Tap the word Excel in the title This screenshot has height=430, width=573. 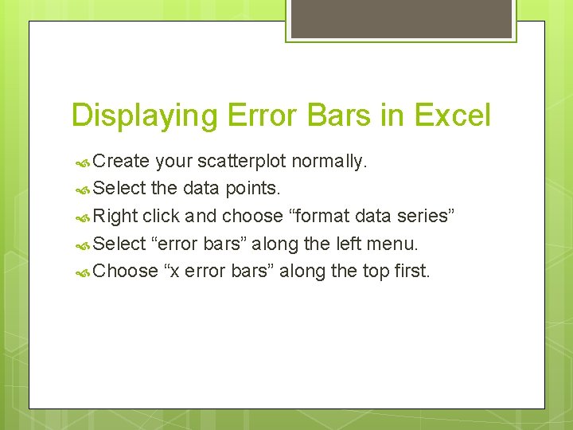pyautogui.click(x=453, y=115)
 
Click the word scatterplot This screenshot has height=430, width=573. pyautogui.click(x=241, y=162)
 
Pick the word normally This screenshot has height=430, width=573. pyautogui.click(x=329, y=162)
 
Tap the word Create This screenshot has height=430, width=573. pyautogui.click(x=121, y=162)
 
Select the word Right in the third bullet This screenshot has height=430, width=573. pyautogui.click(x=115, y=216)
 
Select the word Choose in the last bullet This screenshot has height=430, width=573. pyautogui.click(x=125, y=271)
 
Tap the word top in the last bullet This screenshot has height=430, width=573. pyautogui.click(x=376, y=271)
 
